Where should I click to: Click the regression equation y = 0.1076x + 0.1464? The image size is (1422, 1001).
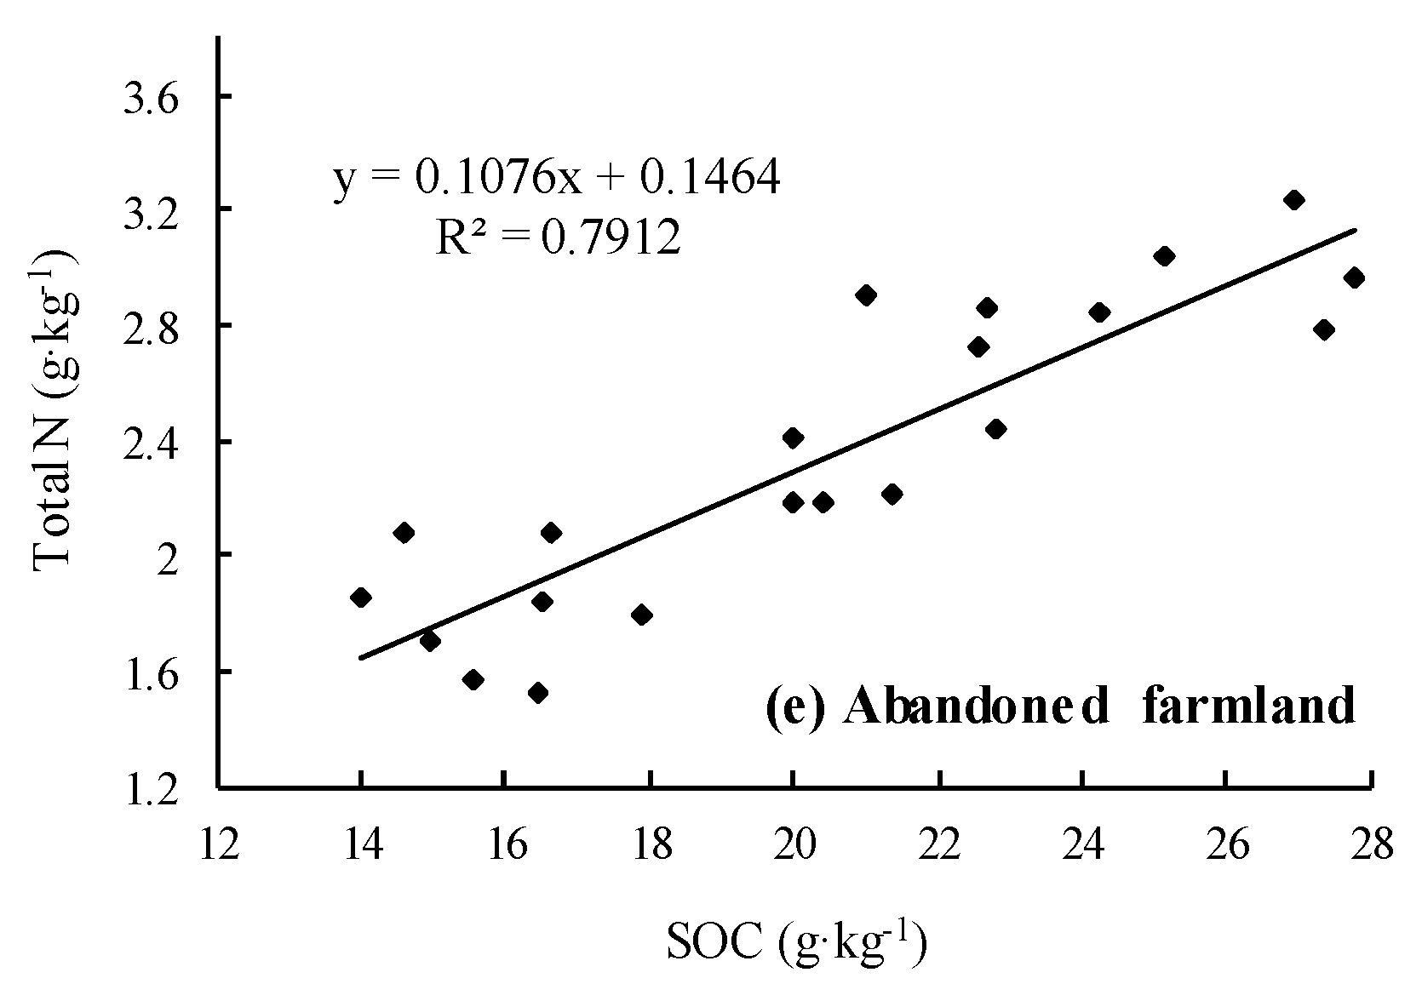(x=556, y=179)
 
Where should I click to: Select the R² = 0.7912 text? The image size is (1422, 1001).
(x=558, y=238)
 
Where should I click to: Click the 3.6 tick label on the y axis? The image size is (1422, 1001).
(x=152, y=100)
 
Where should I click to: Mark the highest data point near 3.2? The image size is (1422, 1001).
(x=1294, y=200)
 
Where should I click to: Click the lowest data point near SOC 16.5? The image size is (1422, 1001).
(x=537, y=693)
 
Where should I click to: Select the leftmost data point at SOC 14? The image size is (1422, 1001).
(x=361, y=598)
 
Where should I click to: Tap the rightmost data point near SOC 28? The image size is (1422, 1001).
(x=1354, y=277)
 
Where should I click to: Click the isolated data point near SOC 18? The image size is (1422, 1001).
(x=642, y=615)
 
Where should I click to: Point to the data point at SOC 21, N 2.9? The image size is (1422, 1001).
(x=866, y=295)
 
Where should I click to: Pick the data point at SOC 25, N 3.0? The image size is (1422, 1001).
(x=1165, y=256)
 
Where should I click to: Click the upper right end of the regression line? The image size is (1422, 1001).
(x=1354, y=230)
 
